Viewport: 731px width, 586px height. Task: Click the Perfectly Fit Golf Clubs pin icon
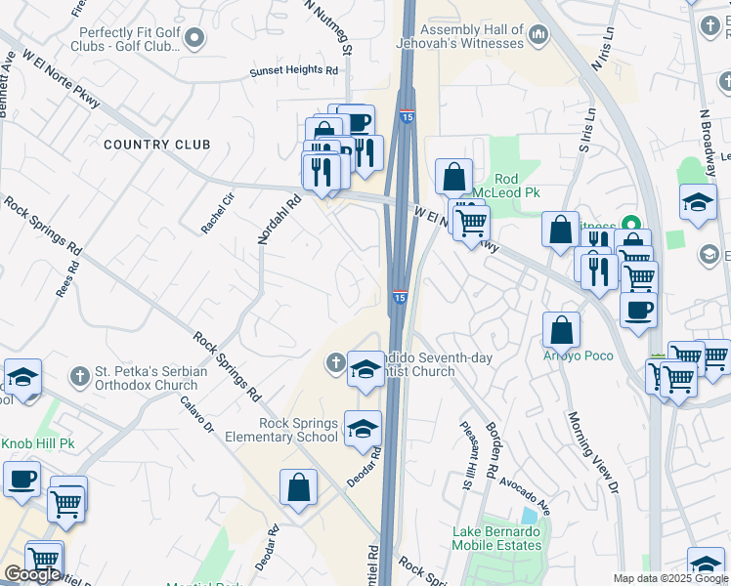(x=194, y=38)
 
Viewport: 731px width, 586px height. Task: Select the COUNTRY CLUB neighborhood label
(x=157, y=145)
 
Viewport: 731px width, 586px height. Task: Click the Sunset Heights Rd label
(x=293, y=71)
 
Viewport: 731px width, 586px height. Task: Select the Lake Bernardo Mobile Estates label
(x=496, y=538)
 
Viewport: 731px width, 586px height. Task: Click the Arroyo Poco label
(x=579, y=356)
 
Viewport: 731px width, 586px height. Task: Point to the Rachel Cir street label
(x=218, y=213)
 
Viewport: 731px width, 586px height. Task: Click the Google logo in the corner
(x=32, y=574)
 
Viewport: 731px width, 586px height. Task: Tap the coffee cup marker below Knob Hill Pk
(x=21, y=480)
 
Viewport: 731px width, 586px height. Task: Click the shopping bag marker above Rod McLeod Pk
(x=453, y=178)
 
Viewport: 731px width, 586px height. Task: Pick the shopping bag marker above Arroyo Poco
(x=562, y=329)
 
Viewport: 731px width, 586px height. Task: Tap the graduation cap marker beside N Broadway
(x=698, y=202)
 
